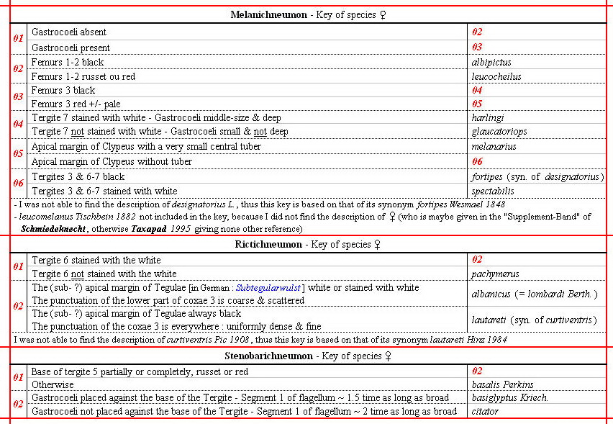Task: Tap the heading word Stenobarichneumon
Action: click(260, 356)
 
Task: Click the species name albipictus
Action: click(491, 63)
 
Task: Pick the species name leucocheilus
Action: click(496, 76)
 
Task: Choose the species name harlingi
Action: click(487, 118)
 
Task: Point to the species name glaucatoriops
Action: click(498, 132)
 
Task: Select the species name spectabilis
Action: click(493, 191)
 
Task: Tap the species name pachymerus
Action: click(495, 274)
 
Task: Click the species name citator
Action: click(485, 411)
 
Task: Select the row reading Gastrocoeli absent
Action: click(68, 32)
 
